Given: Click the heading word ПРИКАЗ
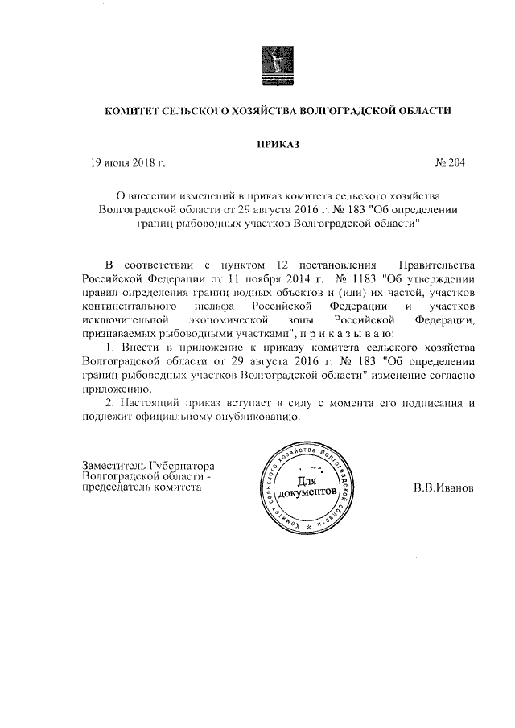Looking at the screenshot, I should (x=277, y=143).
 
